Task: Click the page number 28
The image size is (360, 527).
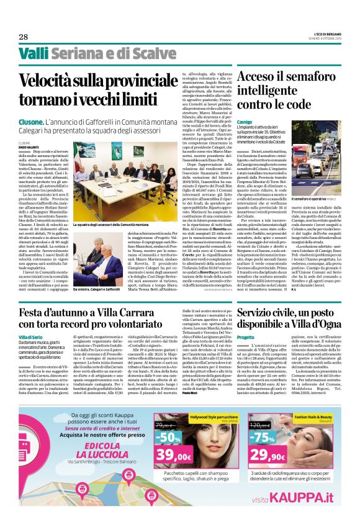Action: pyautogui.click(x=24, y=37)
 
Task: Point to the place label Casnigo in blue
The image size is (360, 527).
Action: pyautogui.click(x=245, y=123)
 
